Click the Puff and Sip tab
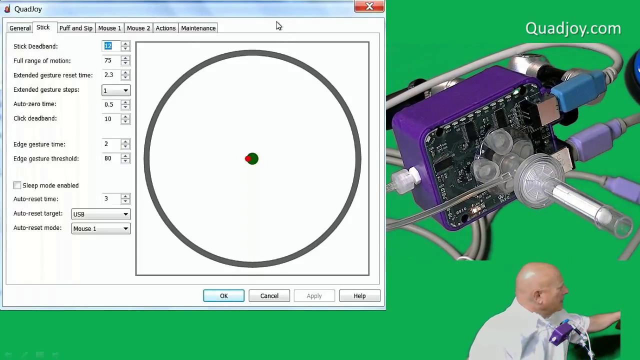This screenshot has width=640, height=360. tap(75, 28)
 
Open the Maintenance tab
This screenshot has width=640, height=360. tap(198, 28)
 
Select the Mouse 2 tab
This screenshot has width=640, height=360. tap(138, 28)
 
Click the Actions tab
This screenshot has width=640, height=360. tap(165, 28)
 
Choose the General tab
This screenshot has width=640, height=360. tap(20, 28)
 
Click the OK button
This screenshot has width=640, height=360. tap(223, 296)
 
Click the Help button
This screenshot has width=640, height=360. tap(359, 296)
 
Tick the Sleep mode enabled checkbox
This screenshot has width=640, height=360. tap(17, 185)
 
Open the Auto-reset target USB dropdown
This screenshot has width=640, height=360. tap(100, 214)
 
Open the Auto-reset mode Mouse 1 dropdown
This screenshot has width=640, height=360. tap(100, 228)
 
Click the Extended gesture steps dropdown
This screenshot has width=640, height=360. tap(115, 90)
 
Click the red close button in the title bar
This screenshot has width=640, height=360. tap(369, 6)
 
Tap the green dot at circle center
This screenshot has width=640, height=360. tap(252, 159)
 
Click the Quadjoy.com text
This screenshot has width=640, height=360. tap(573, 28)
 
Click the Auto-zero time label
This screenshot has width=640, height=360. tap(35, 104)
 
